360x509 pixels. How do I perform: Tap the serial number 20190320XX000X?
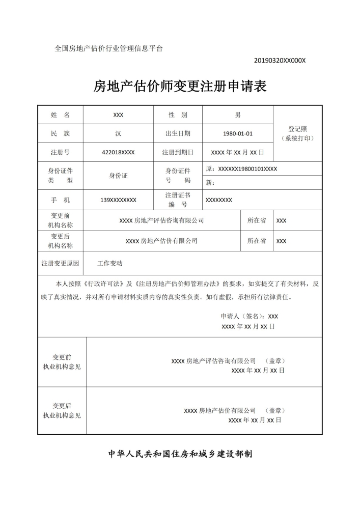(280, 61)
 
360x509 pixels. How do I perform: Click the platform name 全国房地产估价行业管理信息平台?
(109, 48)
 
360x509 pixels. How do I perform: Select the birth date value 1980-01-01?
(237, 134)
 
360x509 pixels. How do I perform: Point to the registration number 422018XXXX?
(118, 152)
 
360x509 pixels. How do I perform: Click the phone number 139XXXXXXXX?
(118, 200)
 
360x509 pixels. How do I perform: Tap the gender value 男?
(237, 115)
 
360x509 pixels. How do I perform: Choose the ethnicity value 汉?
(118, 134)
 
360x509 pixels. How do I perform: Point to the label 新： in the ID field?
(210, 183)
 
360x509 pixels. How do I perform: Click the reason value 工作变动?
(110, 264)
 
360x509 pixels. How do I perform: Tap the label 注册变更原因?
(60, 264)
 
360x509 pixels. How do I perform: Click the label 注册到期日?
(178, 152)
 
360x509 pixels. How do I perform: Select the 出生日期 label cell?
(178, 134)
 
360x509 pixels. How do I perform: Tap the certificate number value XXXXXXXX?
(219, 200)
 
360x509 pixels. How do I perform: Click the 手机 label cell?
(60, 200)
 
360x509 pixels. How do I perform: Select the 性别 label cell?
(178, 115)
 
